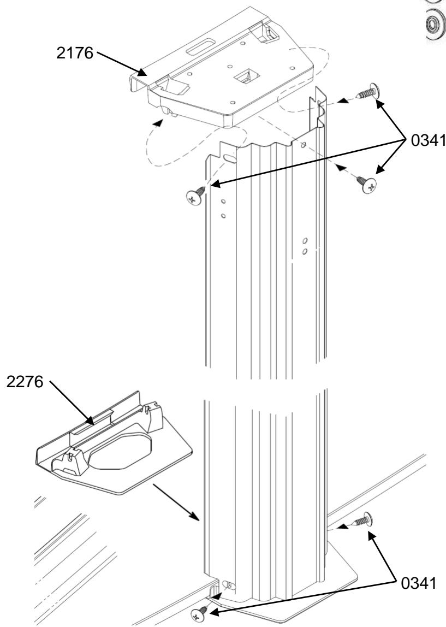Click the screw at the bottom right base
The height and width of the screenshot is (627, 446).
click(361, 519)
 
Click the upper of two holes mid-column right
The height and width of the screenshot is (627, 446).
click(305, 241)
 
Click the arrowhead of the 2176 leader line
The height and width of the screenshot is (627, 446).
click(143, 72)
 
